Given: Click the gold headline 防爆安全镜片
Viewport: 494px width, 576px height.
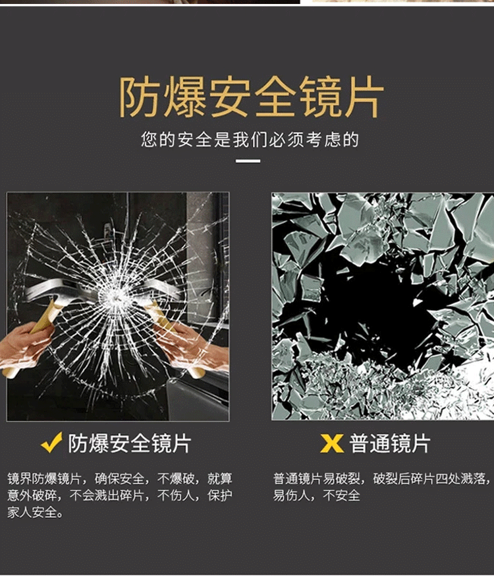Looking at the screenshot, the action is (x=251, y=98).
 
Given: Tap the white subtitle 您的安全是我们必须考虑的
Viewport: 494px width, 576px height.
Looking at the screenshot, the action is (x=250, y=140).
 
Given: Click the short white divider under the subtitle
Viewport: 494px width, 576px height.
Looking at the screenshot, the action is (x=248, y=161).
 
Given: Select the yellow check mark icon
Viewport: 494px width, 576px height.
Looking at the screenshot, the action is (x=51, y=442).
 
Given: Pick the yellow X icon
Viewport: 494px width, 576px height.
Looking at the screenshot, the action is (x=332, y=443).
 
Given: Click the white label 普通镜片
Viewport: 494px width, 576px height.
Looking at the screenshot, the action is (x=389, y=443).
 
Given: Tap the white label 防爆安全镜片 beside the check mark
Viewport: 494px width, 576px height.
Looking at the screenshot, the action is (x=130, y=443).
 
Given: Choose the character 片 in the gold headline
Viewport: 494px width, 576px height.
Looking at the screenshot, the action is (x=363, y=98).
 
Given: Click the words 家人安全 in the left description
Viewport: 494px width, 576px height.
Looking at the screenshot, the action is (x=32, y=512).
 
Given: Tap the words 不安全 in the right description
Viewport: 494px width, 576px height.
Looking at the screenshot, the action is (x=341, y=496).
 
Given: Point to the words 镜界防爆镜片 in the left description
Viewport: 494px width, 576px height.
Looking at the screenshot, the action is (x=44, y=478).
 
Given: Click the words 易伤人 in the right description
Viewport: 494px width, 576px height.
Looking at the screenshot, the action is (x=292, y=496).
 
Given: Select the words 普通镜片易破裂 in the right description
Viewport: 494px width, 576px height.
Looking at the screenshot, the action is (x=317, y=478).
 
